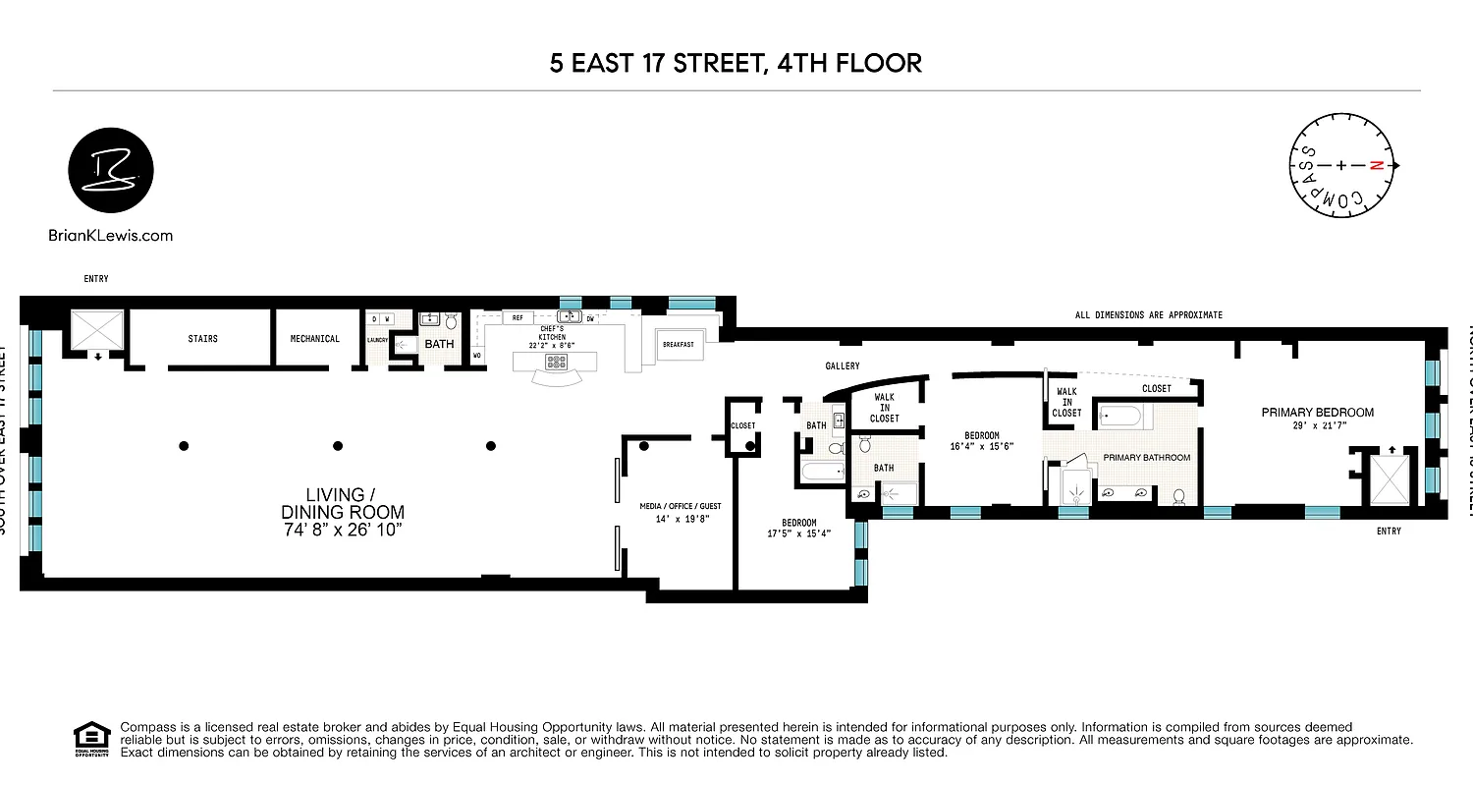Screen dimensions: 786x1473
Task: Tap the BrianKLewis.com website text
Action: click(x=110, y=235)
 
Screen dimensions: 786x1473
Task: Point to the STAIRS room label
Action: click(x=202, y=339)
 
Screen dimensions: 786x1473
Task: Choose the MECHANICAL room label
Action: click(x=314, y=339)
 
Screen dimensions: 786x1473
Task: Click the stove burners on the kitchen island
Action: click(x=558, y=362)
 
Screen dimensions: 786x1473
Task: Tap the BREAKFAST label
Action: click(x=678, y=345)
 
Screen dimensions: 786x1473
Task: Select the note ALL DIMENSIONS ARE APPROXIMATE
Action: click(x=1148, y=315)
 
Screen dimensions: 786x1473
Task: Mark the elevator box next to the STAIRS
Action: click(x=97, y=332)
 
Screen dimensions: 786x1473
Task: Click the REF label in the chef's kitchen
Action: click(x=517, y=318)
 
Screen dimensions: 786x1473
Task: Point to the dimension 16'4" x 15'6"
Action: click(x=981, y=446)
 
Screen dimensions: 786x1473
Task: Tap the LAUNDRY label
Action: click(x=378, y=340)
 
